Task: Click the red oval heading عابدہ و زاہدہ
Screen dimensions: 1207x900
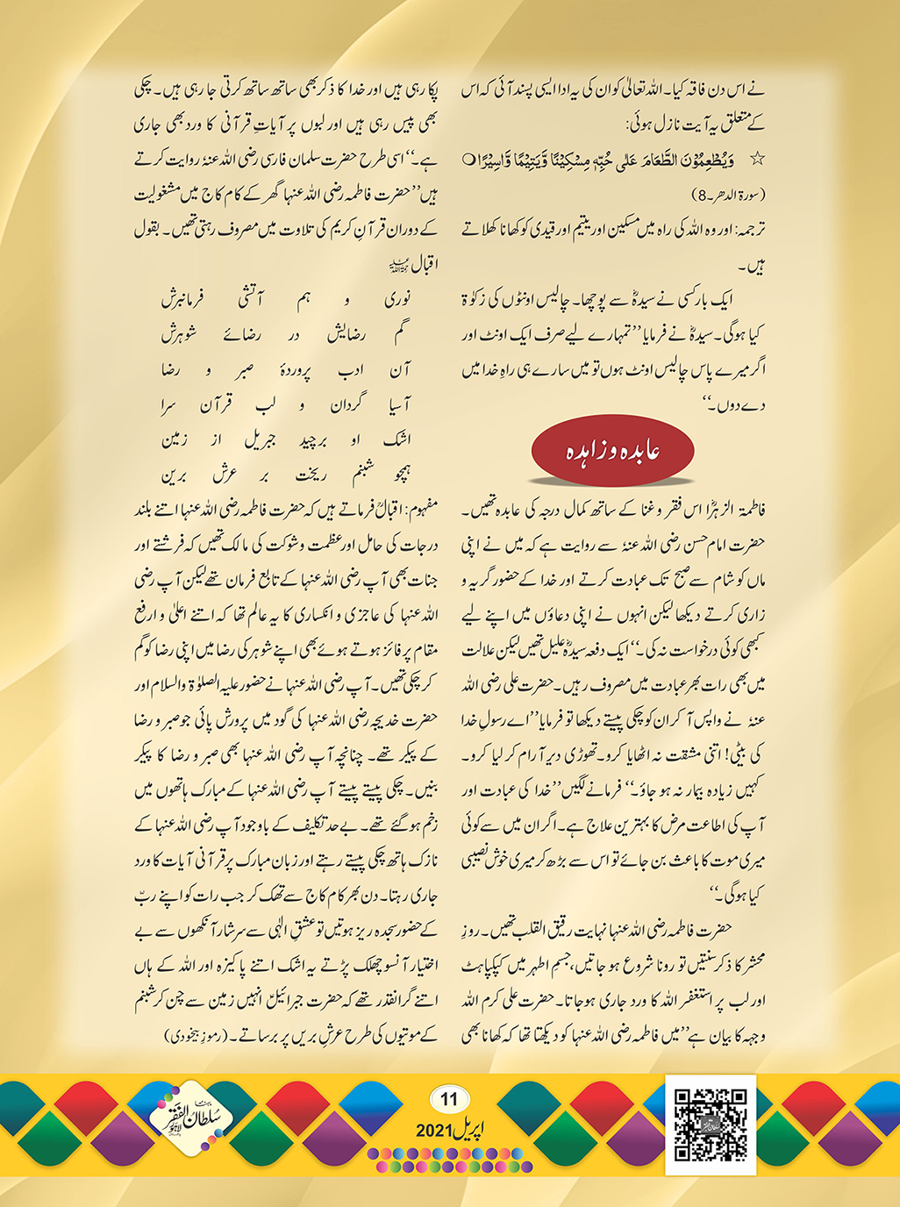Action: [612, 452]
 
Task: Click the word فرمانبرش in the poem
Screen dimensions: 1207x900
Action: [182, 300]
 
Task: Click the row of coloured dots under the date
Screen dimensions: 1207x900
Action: [449, 1160]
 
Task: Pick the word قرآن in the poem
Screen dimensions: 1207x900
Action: [218, 405]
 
